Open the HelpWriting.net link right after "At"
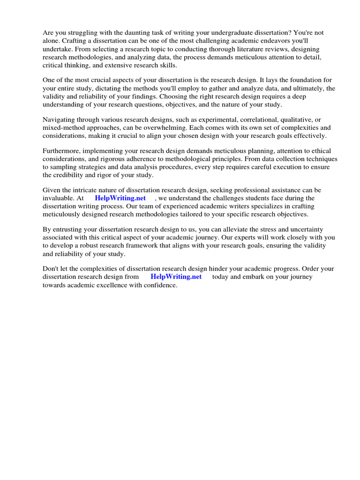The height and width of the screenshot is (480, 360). point(120,198)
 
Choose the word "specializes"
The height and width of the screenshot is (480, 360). point(256,206)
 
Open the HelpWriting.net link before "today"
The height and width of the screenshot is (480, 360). point(176,277)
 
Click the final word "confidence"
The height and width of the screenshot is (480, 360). point(161,285)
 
